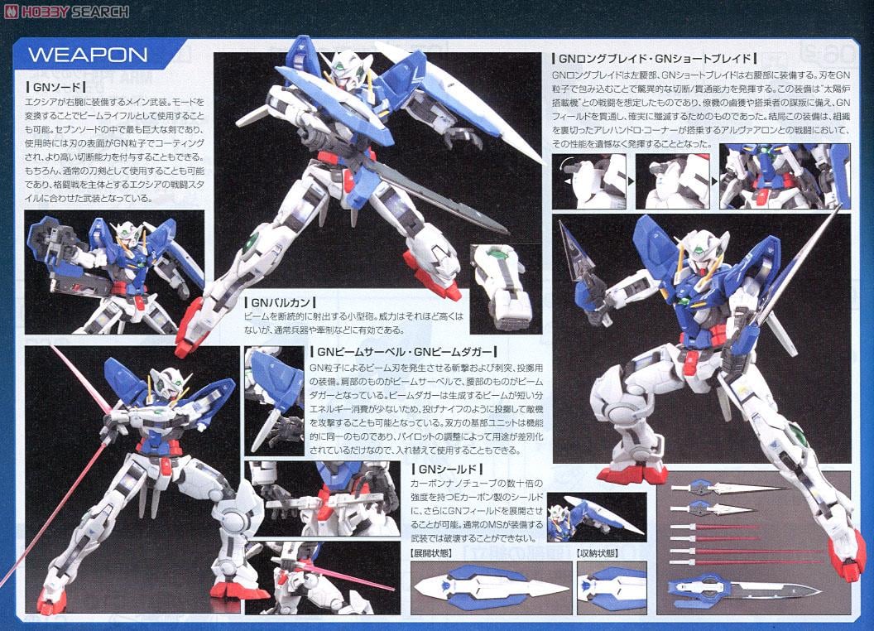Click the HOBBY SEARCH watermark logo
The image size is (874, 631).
(67, 11)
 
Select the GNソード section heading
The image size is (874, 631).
(52, 86)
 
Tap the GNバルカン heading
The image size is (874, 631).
(281, 303)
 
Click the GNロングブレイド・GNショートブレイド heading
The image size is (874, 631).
(654, 59)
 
